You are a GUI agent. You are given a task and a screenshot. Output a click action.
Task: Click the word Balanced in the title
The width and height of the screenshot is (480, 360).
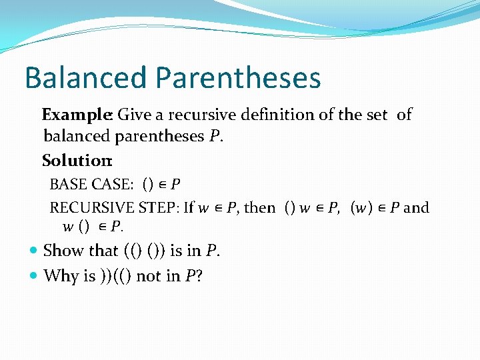85,77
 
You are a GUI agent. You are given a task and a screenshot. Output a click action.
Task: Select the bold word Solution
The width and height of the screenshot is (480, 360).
76,161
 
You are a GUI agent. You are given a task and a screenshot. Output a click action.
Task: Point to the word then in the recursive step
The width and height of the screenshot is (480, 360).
260,207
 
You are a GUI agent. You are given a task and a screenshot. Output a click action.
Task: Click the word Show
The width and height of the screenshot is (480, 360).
61,251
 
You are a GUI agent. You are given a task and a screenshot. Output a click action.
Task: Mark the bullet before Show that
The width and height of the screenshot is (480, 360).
35,251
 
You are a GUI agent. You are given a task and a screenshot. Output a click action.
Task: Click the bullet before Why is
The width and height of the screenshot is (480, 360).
35,276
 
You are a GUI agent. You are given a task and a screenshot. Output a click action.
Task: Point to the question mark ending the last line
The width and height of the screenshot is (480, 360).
199,275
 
